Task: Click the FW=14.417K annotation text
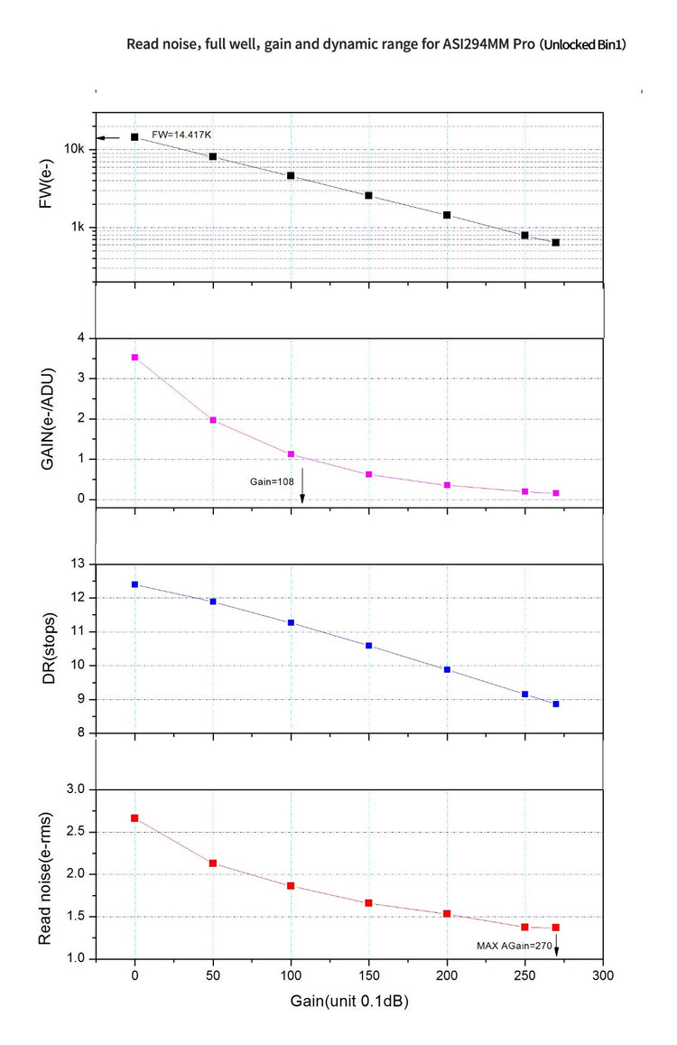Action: click(181, 135)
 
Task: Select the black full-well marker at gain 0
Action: click(134, 137)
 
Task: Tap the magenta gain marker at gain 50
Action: click(213, 420)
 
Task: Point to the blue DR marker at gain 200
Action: click(447, 669)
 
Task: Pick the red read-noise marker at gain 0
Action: click(134, 818)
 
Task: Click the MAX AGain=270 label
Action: click(515, 946)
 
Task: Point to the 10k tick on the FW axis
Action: click(73, 149)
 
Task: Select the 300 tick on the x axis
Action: click(603, 975)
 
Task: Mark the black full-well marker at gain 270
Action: click(556, 242)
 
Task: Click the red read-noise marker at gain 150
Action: click(369, 903)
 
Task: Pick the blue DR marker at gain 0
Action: click(134, 584)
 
